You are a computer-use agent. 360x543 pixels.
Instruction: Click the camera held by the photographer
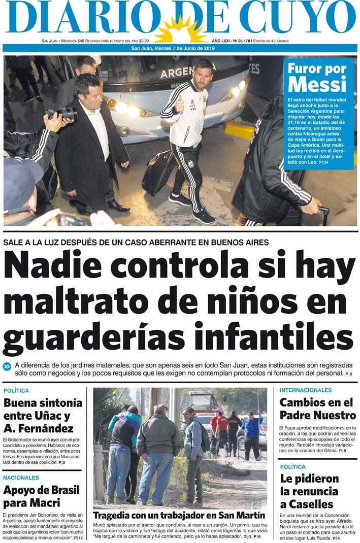coord(63,113)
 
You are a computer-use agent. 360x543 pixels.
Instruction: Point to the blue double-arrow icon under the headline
coord(7,366)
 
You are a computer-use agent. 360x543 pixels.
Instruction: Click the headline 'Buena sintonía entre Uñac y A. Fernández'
coord(43,415)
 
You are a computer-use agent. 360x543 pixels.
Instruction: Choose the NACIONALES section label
coord(21,478)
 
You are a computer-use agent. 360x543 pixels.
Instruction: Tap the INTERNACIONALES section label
coord(306,390)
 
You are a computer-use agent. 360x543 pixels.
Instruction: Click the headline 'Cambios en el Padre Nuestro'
coord(317,409)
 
